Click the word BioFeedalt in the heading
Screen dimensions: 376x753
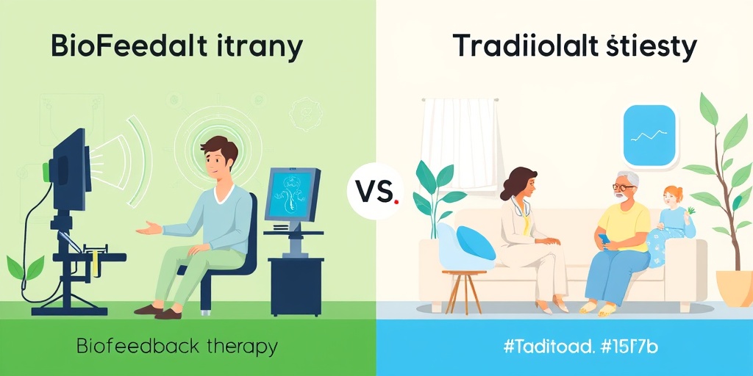[x=118, y=46]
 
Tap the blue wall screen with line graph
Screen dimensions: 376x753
[x=649, y=135]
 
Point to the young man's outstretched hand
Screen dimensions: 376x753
[x=149, y=228]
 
